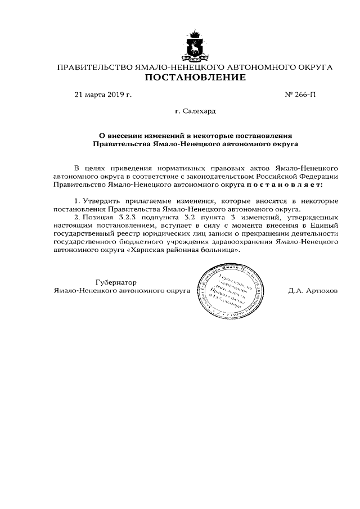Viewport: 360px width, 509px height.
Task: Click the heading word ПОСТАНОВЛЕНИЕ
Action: (195, 78)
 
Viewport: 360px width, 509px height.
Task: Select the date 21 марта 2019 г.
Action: (103, 94)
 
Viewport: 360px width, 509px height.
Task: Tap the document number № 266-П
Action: (301, 94)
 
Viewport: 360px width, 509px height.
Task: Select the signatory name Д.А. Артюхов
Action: (312, 292)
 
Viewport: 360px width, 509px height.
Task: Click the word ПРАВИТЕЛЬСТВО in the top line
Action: (94, 67)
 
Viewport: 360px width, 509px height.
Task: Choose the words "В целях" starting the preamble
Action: (87, 168)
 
